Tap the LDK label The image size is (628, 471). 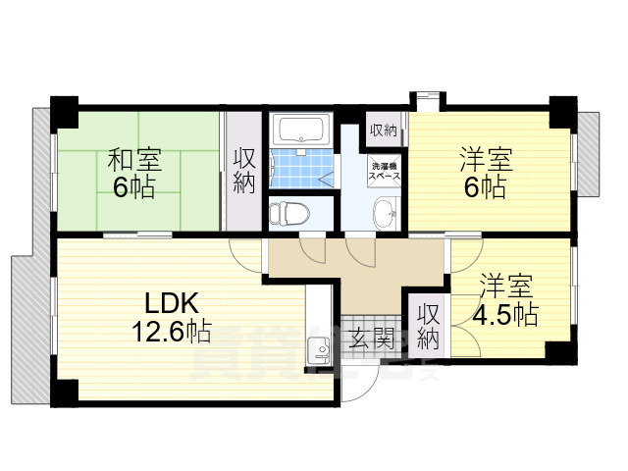(174, 302)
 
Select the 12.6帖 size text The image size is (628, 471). (173, 331)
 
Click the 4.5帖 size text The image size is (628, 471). (505, 315)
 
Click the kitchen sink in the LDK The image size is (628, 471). (318, 351)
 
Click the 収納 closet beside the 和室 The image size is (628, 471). (244, 172)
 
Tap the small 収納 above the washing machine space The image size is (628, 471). (384, 130)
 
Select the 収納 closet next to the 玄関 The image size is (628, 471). (427, 326)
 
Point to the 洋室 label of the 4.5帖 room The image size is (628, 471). (505, 287)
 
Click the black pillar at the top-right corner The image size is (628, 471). (563, 108)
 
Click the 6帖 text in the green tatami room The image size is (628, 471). (134, 188)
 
